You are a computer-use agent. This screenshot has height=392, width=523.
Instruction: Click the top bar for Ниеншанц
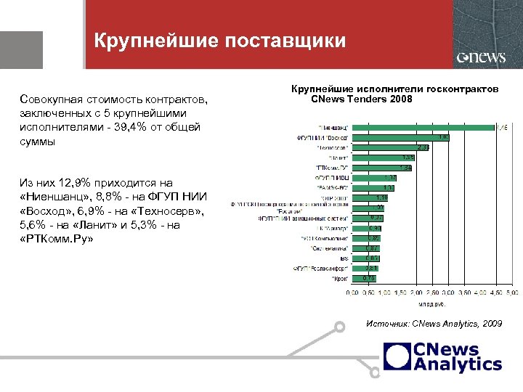421,128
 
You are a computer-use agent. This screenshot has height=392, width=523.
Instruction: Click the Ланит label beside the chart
338,158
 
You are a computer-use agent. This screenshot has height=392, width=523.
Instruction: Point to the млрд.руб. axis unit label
431,301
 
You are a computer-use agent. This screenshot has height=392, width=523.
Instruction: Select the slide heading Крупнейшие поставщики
220,41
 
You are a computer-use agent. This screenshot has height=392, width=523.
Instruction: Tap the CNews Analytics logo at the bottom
443,356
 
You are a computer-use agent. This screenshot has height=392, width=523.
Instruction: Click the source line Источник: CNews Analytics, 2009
434,324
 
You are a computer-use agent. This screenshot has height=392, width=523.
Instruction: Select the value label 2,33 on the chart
423,147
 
